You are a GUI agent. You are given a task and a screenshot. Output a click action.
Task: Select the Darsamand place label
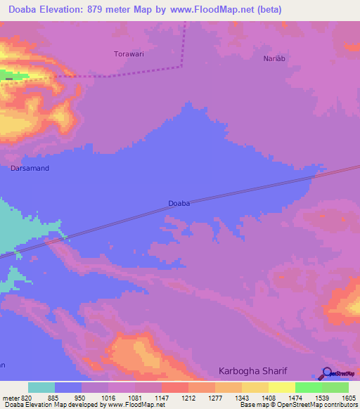point(30,169)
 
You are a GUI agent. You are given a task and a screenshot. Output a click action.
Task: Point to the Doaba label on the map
point(179,203)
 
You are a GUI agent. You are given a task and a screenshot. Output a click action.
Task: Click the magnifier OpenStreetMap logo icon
point(327,375)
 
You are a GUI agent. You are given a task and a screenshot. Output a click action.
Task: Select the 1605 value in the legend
point(349,397)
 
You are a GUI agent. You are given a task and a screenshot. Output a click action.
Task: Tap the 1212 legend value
point(188,397)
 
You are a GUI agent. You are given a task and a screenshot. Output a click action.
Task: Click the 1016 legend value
point(109,397)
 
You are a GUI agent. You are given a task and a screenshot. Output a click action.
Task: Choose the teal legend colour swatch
point(41,387)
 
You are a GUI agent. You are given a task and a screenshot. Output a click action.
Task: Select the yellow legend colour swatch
point(281,387)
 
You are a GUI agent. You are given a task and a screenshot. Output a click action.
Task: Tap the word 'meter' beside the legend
point(10,397)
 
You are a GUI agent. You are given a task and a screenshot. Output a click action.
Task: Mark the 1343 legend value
point(243,397)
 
